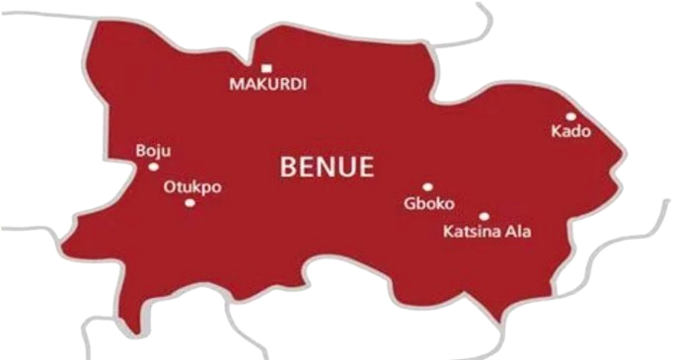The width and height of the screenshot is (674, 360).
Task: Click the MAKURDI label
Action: pos(267,85)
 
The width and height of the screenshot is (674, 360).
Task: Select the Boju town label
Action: pos(153,151)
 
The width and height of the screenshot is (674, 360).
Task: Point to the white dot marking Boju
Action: pos(153,167)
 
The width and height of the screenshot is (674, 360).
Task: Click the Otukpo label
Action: pos(192,185)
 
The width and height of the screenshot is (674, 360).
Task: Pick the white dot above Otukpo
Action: pos(189,202)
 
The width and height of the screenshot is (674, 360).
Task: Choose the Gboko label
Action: pos(428,204)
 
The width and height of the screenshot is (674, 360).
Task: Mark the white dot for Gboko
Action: pos(427,186)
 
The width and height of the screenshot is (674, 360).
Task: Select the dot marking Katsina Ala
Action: pos(484,216)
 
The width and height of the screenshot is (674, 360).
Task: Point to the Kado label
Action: pos(570,131)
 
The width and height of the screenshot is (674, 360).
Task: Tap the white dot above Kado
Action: pos(570,115)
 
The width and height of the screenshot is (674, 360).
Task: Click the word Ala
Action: pos(518,234)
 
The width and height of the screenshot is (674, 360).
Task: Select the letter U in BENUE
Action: pos(347,167)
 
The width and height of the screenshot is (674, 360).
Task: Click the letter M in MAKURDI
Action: pos(236,85)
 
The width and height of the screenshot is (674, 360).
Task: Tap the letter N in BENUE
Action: pos(328,167)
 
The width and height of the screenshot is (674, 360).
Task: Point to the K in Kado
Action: pos(557,131)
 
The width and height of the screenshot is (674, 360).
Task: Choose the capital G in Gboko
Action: pos(410,204)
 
